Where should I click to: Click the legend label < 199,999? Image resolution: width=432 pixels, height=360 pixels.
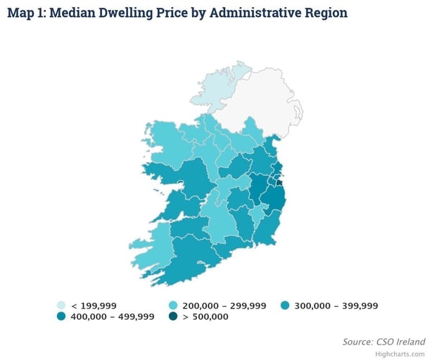click(x=94, y=306)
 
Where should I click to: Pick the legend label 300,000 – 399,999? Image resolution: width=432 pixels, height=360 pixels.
click(x=338, y=306)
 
